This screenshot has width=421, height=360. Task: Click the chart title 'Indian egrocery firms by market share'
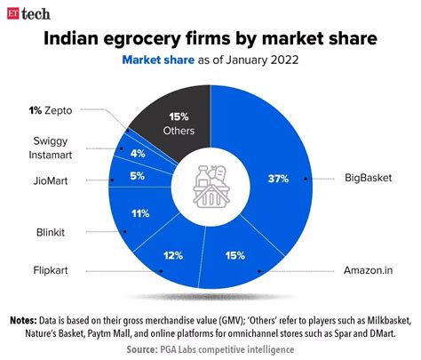pyautogui.click(x=210, y=40)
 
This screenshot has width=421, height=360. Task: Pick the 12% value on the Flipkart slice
pyautogui.click(x=174, y=256)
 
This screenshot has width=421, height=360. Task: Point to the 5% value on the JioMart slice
pyautogui.click(x=137, y=176)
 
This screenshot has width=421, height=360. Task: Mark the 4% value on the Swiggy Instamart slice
pyautogui.click(x=139, y=153)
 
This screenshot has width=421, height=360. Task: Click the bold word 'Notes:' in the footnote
pyautogui.click(x=27, y=319)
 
